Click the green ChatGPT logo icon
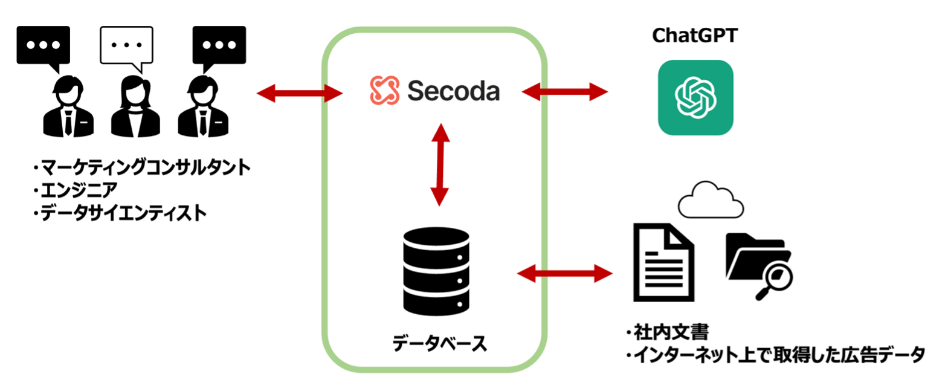pyautogui.click(x=695, y=97)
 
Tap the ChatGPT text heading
pyautogui.click(x=695, y=36)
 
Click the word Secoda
pyautogui.click(x=453, y=91)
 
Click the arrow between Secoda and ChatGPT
pyautogui.click(x=565, y=92)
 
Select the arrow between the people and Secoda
pyautogui.click(x=300, y=93)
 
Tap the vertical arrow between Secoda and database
pyautogui.click(x=440, y=164)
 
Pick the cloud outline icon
pyautogui.click(x=711, y=201)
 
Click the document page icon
pyautogui.click(x=663, y=262)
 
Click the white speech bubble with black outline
pyautogui.click(x=126, y=46)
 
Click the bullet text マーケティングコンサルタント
pyautogui.click(x=141, y=167)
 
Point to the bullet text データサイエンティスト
pyautogui.click(x=120, y=213)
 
